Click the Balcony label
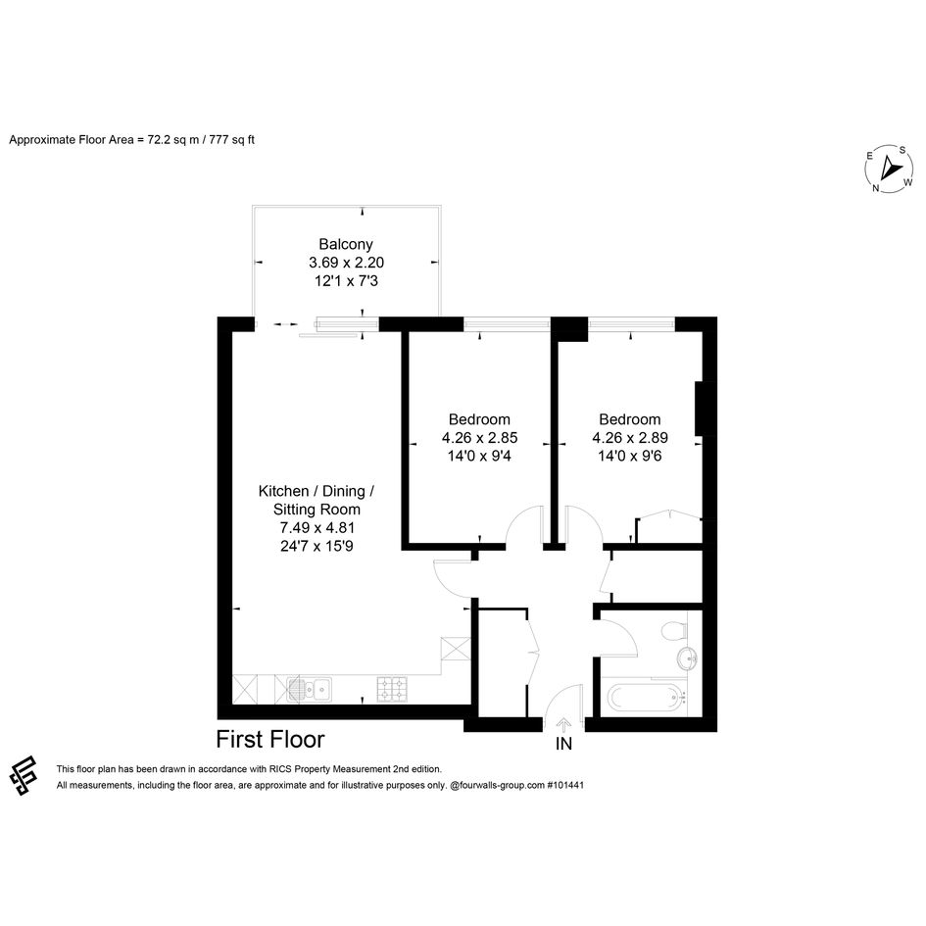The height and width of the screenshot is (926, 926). [x=346, y=245]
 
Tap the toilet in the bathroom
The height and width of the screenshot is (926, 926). [x=674, y=630]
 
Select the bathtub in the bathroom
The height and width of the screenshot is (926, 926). [x=647, y=698]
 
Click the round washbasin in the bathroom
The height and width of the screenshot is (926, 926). [x=687, y=658]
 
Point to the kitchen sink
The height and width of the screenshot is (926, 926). [x=309, y=689]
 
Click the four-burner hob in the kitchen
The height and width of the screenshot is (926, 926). [x=392, y=689]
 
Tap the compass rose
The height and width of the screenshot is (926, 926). [x=889, y=169]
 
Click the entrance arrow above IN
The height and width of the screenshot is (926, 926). [x=563, y=724]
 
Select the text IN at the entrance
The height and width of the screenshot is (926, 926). [x=563, y=744]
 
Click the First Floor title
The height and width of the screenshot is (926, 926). [x=270, y=740]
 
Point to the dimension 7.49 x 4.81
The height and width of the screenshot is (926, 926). [x=317, y=528]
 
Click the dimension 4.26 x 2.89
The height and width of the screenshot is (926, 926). [x=630, y=438]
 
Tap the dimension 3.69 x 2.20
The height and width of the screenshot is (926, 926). [x=346, y=263]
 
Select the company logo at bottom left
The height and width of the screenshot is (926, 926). [x=24, y=775]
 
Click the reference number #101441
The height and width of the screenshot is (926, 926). [x=565, y=786]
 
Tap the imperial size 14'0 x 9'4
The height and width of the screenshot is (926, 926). [x=479, y=456]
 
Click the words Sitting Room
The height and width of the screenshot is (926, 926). [x=317, y=510]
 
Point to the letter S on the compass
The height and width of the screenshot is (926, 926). [x=902, y=151]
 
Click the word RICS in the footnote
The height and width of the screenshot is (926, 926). [x=280, y=769]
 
